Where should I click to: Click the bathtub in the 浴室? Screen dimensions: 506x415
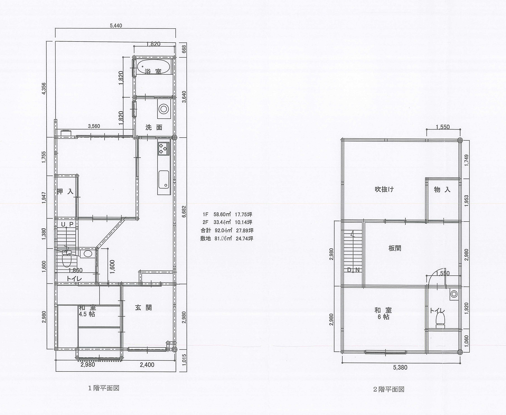click(x=153, y=67)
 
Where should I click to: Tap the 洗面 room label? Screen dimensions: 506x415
click(x=154, y=127)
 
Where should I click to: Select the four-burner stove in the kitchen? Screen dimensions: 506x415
click(x=163, y=148)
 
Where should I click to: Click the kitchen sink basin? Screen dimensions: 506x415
click(x=164, y=180)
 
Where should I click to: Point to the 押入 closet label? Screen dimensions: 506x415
click(x=65, y=191)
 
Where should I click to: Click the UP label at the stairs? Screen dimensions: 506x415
click(x=68, y=224)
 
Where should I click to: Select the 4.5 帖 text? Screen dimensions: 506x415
click(x=87, y=314)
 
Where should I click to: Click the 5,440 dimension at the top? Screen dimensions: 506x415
click(x=116, y=26)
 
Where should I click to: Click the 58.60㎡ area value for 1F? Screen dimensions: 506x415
click(x=222, y=214)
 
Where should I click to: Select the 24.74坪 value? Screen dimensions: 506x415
click(x=244, y=238)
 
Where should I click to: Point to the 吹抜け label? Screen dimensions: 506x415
click(x=384, y=189)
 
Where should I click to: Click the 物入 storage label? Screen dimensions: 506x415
click(x=442, y=189)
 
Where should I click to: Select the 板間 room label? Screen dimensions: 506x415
click(x=395, y=248)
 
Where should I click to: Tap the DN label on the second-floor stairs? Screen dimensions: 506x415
click(x=353, y=270)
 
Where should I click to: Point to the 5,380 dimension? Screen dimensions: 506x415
click(x=400, y=367)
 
